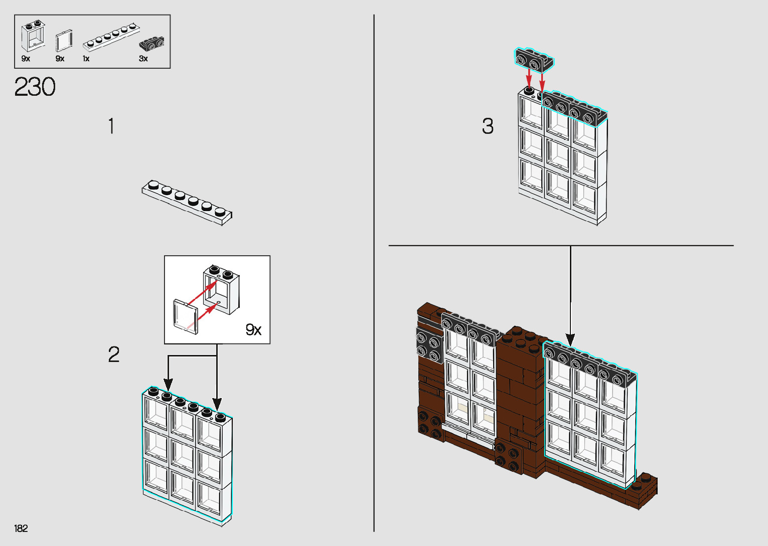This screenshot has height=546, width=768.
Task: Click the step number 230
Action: pyautogui.click(x=35, y=87)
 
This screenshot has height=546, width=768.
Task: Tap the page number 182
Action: pyautogui.click(x=21, y=528)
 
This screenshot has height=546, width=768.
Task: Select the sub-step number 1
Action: pyautogui.click(x=111, y=126)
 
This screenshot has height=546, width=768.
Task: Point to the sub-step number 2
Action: pyautogui.click(x=114, y=354)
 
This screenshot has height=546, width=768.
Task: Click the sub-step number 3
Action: pyautogui.click(x=488, y=126)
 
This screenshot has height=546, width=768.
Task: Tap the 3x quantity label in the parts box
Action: pyautogui.click(x=143, y=59)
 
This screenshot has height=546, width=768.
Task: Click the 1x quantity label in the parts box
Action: pyautogui.click(x=86, y=59)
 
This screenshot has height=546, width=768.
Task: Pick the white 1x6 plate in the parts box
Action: pyautogui.click(x=111, y=37)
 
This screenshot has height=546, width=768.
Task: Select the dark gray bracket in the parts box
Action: pyautogui.click(x=151, y=44)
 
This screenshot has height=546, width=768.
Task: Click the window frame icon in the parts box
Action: pyautogui.click(x=33, y=37)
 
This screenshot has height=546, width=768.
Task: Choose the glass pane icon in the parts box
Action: pyautogui.click(x=64, y=41)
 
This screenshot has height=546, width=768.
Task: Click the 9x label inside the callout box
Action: pyautogui.click(x=253, y=329)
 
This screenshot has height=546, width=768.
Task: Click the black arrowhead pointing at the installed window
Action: pyautogui.click(x=570, y=339)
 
